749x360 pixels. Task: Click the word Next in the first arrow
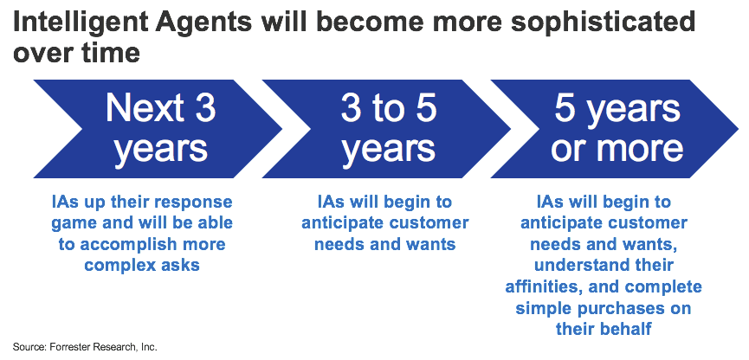point(143,109)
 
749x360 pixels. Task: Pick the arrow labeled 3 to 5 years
point(386,129)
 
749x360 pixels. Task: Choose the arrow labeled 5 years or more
point(615,129)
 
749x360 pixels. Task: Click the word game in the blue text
point(72,224)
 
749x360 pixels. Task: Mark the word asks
point(180,265)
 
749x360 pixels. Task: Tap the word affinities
point(542,287)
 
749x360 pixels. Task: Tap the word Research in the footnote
point(104,347)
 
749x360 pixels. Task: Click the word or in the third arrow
point(566,149)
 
